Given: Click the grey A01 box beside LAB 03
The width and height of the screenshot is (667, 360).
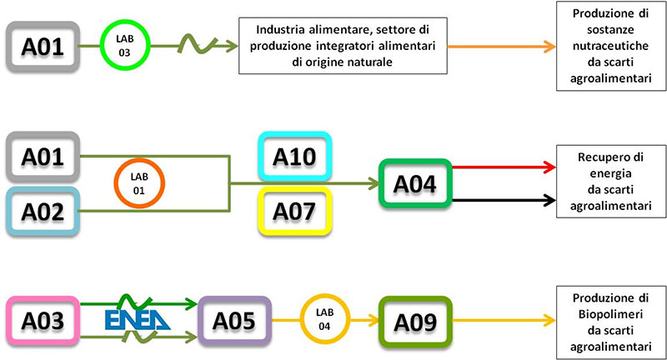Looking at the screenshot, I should tap(43, 45).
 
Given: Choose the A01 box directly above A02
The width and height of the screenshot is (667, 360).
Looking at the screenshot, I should tap(43, 155).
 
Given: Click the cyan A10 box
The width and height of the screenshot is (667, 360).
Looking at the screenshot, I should tap(295, 156).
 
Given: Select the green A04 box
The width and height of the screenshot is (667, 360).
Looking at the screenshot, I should tap(415, 182).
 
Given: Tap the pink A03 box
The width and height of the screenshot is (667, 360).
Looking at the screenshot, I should tap(43, 319).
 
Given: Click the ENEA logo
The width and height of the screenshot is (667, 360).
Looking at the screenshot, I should tap(137, 319).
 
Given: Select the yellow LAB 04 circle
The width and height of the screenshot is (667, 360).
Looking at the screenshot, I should tap(324, 319).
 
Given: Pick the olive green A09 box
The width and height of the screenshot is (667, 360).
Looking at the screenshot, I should tap(414, 319).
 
